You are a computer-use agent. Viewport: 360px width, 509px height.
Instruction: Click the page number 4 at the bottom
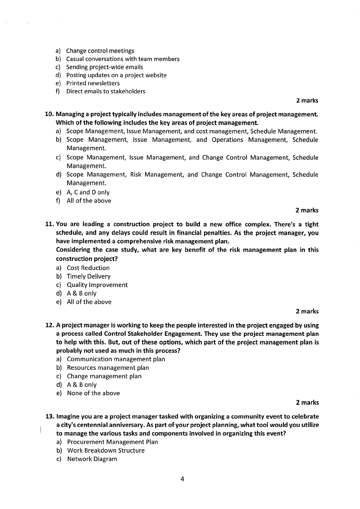(181, 480)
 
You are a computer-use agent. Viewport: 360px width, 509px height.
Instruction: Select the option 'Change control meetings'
(100, 51)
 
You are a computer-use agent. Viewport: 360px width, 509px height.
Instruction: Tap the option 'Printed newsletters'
(93, 83)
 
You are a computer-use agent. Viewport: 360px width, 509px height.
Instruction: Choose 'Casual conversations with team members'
(122, 59)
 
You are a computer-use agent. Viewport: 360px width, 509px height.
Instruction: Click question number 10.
(49, 114)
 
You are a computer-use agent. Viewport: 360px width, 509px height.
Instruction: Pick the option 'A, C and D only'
(88, 192)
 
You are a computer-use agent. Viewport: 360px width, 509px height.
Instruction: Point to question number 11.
(49, 224)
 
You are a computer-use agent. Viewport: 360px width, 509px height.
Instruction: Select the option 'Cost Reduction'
(88, 268)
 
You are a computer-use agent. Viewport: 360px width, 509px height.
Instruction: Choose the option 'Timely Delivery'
(88, 276)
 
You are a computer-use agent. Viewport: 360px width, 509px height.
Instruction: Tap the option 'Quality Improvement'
(97, 285)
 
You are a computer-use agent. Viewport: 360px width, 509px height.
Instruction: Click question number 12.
(49, 325)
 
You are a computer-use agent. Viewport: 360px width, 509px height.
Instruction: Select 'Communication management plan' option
(116, 359)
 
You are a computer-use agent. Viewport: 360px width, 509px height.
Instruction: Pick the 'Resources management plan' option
(108, 368)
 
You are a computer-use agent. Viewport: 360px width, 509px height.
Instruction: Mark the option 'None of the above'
(93, 393)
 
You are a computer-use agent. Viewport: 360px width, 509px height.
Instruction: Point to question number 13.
(49, 417)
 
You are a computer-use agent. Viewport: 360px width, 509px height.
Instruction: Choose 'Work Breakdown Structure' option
(106, 451)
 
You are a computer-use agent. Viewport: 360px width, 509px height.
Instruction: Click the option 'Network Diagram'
(92, 459)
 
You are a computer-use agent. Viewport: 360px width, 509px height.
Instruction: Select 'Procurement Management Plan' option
(112, 442)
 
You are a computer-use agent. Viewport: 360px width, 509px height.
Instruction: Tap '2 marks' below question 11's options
(307, 311)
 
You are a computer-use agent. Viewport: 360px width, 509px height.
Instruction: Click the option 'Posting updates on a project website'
(116, 75)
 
